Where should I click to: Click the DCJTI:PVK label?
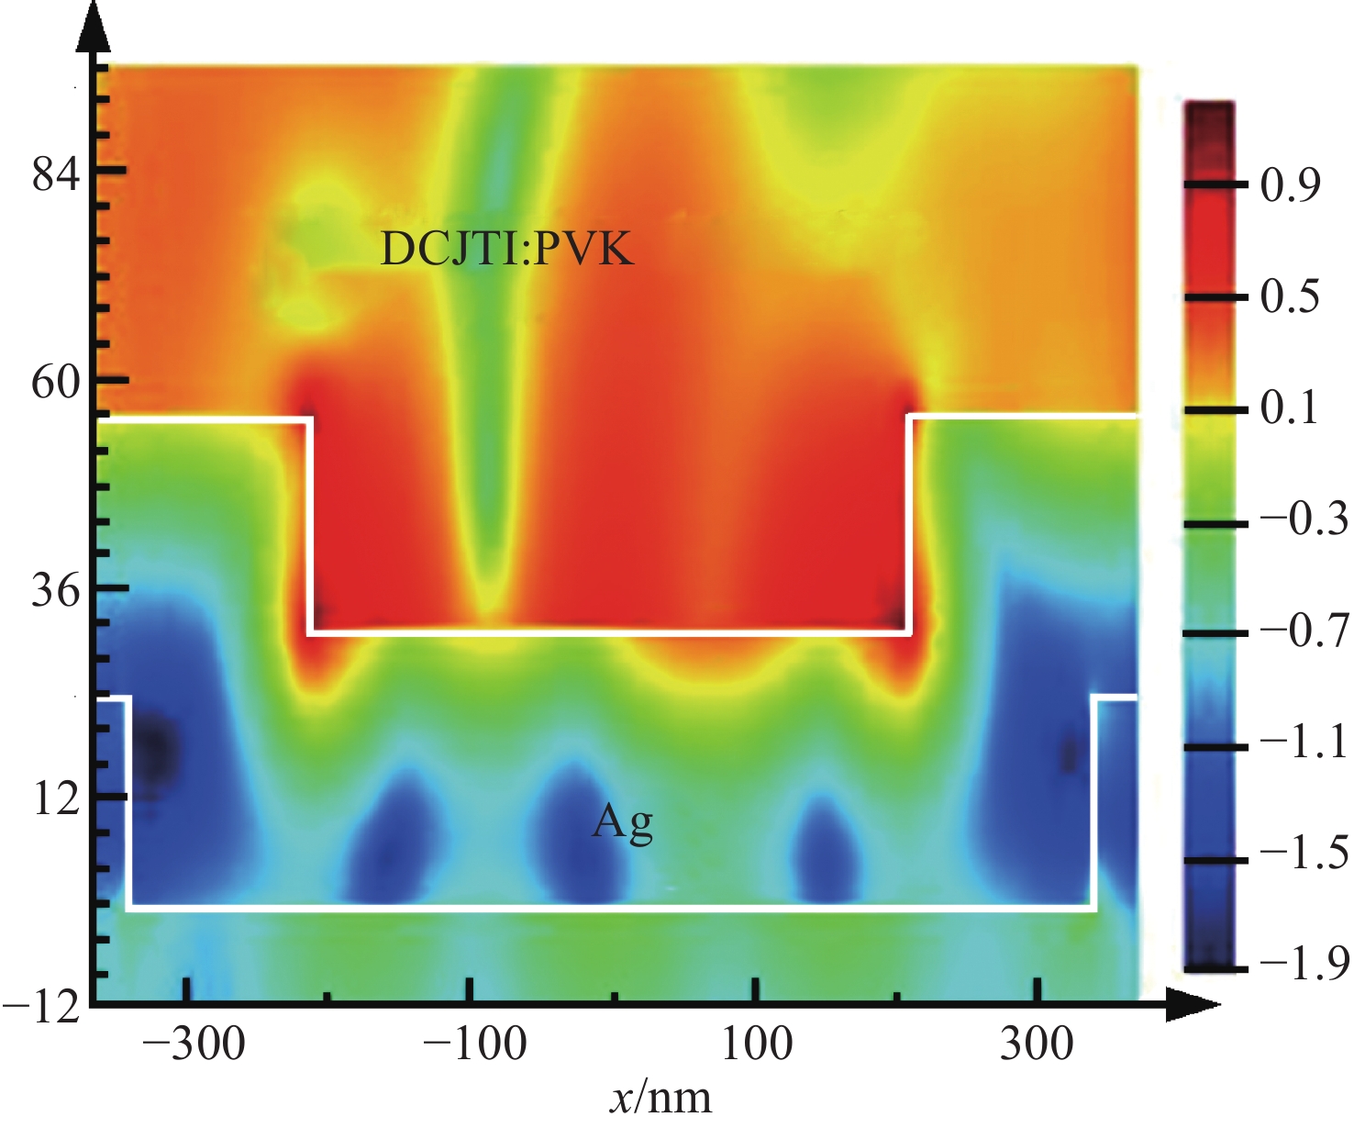(506, 248)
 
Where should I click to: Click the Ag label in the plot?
(623, 821)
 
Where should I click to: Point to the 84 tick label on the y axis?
(56, 172)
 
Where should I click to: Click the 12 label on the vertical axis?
(56, 799)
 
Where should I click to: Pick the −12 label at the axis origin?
(41, 1008)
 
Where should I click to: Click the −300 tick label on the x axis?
(194, 1044)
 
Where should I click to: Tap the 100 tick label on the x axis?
(757, 1044)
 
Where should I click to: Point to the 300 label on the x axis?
(1037, 1044)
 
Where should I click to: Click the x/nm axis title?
(660, 1097)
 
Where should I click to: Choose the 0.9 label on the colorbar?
(1290, 185)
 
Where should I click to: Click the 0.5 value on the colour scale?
(1290, 297)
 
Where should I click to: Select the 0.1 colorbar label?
(1290, 408)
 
